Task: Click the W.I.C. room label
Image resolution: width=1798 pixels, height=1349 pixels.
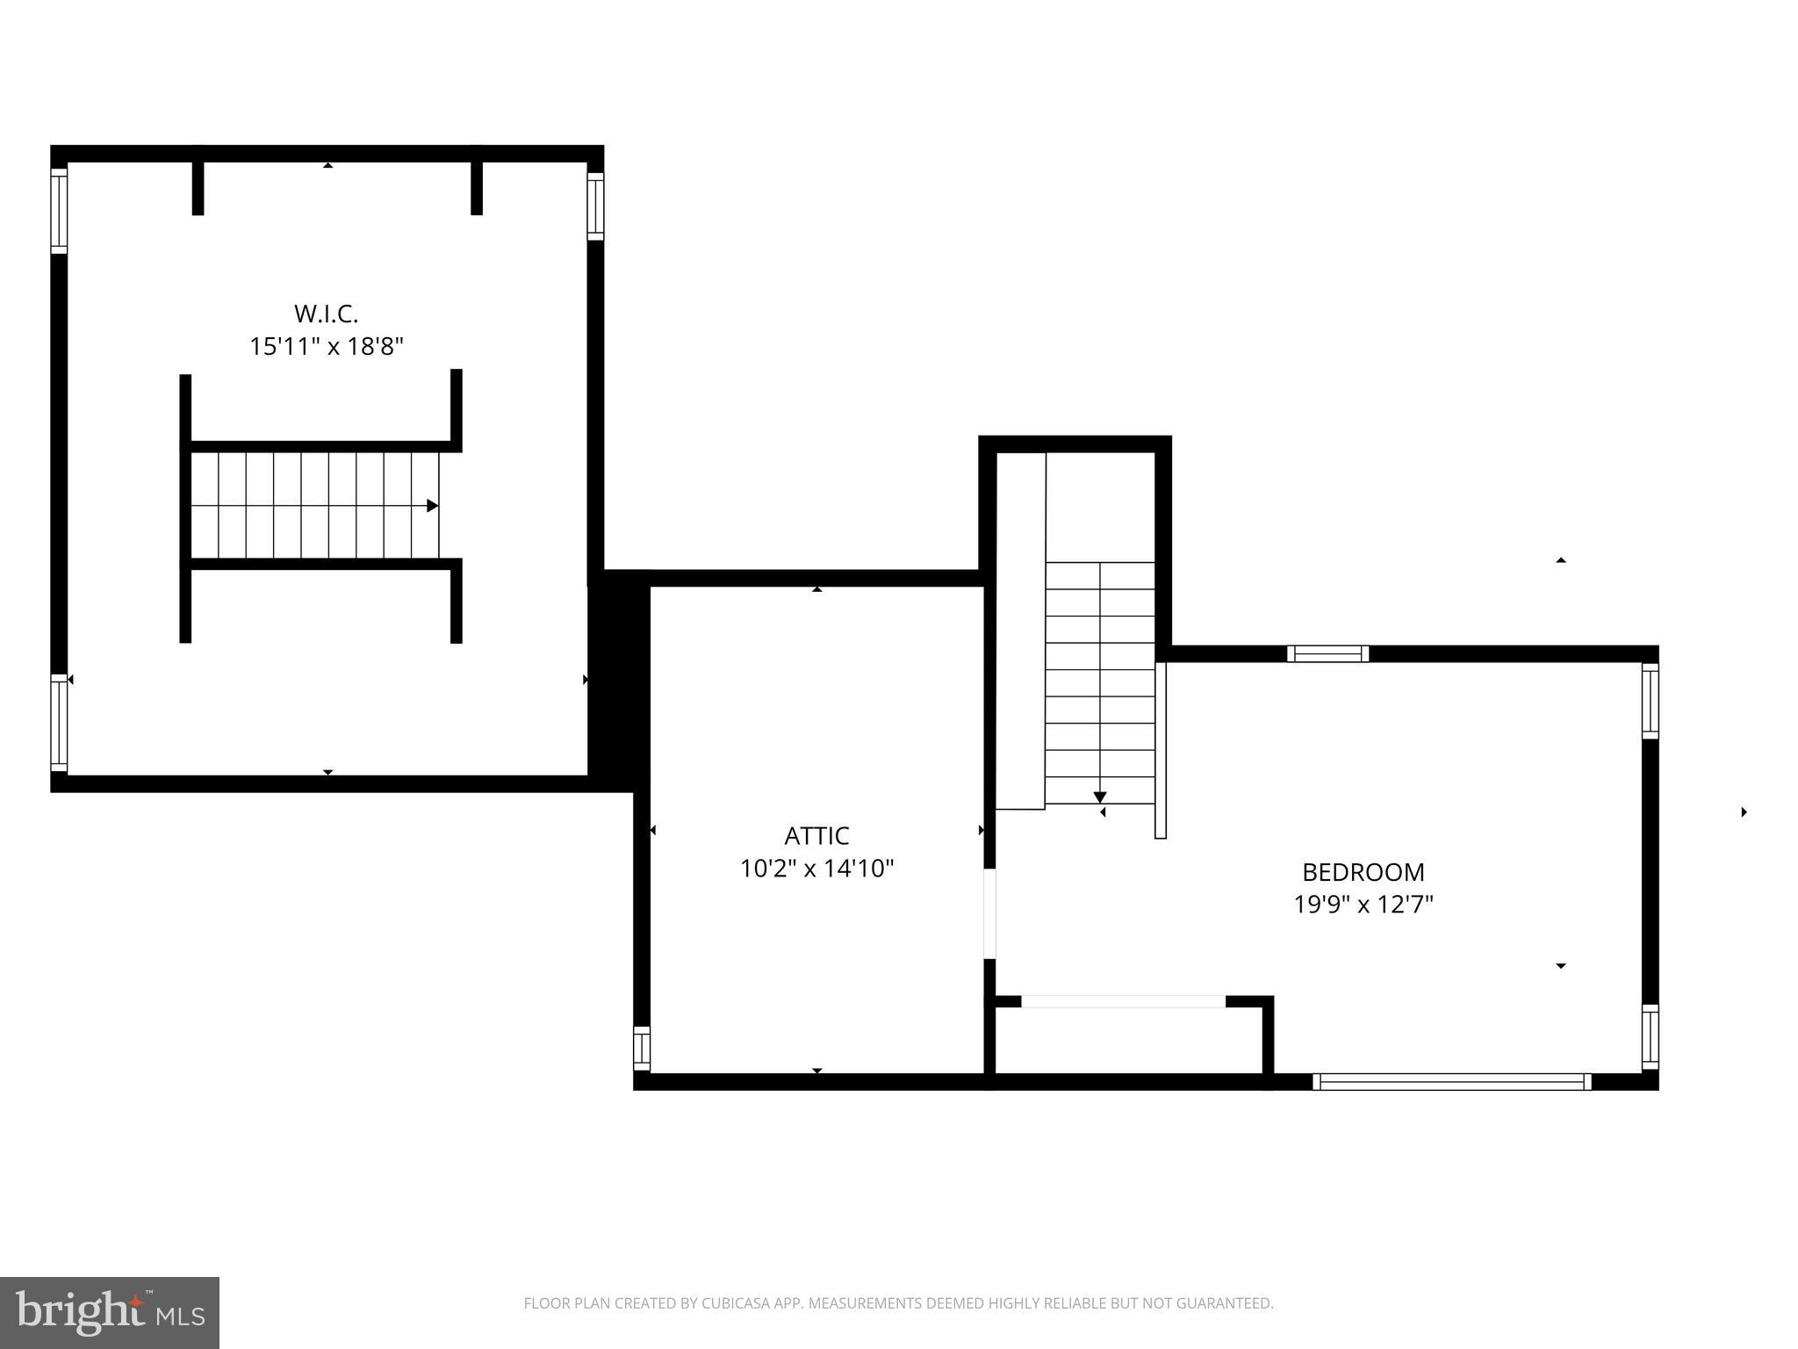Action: [326, 314]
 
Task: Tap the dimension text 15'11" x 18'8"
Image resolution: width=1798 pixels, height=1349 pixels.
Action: [326, 347]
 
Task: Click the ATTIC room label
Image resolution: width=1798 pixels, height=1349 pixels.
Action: [816, 835]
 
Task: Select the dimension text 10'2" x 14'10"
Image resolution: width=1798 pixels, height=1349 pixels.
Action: [816, 869]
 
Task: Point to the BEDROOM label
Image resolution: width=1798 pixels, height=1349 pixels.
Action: [1363, 872]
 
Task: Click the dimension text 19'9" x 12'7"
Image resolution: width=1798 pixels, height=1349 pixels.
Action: [1363, 905]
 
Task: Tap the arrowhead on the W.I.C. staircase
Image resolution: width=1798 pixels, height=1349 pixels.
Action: [432, 506]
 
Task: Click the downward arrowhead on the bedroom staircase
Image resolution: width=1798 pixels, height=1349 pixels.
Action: [1099, 797]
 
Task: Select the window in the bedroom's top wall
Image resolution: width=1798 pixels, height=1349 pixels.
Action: [1327, 653]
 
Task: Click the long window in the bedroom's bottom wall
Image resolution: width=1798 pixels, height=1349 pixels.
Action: [1451, 1081]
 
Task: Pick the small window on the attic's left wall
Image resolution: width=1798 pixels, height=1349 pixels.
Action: [642, 1048]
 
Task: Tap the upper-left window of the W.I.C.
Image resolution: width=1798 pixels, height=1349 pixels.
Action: [59, 211]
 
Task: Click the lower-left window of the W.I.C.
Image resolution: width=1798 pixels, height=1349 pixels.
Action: [59, 722]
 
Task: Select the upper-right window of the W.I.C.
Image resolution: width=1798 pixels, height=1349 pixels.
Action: [595, 206]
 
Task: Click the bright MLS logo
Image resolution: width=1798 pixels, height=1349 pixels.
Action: [110, 1313]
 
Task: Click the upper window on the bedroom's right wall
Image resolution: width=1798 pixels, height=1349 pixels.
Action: [1650, 701]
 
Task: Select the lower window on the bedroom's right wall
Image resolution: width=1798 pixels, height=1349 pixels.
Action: [1650, 1037]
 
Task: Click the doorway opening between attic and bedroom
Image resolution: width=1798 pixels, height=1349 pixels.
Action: [989, 913]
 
